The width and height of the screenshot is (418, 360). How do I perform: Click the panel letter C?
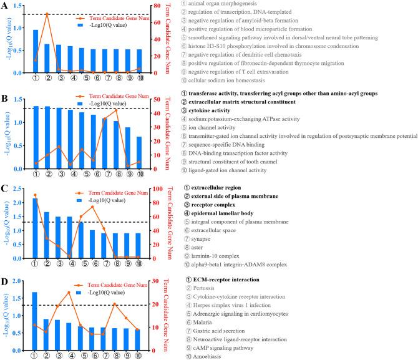pos(5,188)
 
